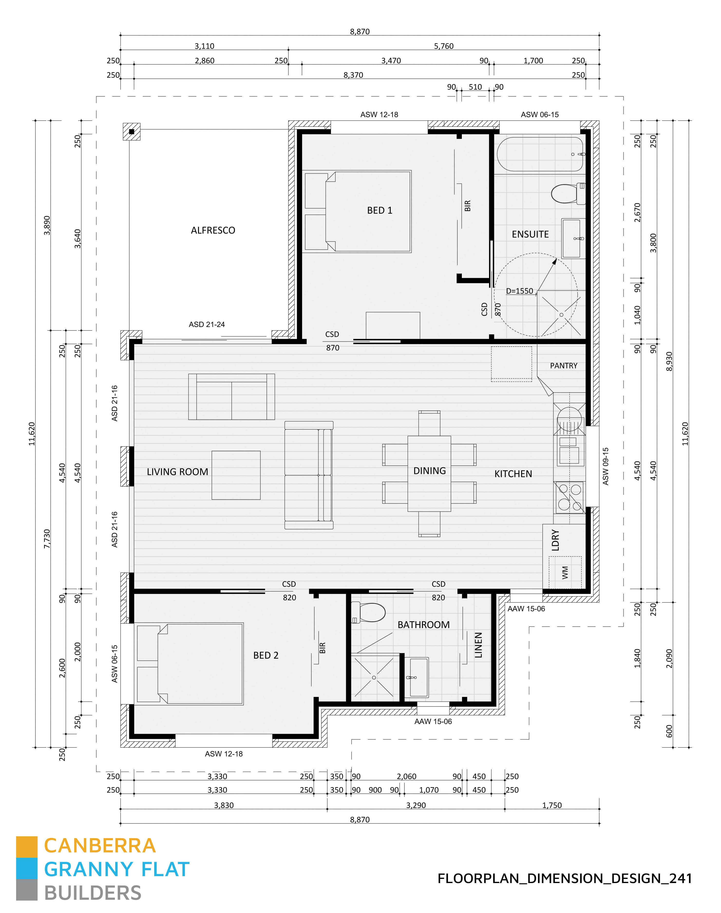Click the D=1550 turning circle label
520,291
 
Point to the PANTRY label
564,366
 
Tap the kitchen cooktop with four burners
570,497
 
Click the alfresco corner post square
132,132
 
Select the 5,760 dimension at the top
444,46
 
